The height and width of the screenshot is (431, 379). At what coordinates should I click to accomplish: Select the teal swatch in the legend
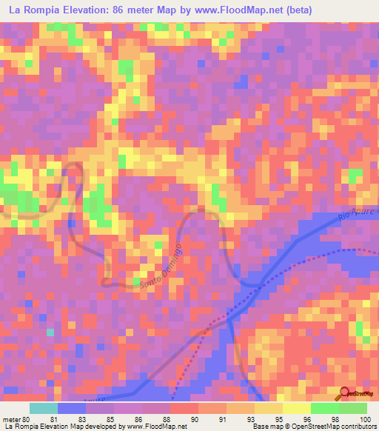(x=44, y=408)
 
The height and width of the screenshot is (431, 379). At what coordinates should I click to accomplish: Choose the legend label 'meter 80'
(x=16, y=418)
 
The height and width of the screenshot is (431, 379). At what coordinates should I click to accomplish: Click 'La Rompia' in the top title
(x=31, y=10)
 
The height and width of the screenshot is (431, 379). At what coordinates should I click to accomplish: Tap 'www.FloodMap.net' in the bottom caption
(x=155, y=427)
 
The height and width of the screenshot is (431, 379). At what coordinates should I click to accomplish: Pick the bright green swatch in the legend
(x=324, y=408)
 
